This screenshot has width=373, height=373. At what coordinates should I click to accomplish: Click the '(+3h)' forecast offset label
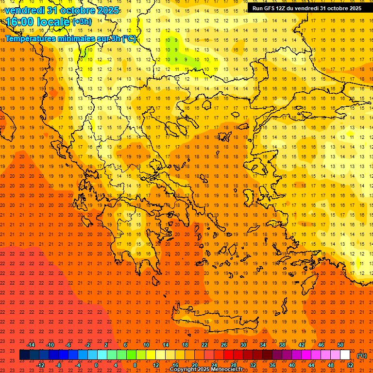[82, 21]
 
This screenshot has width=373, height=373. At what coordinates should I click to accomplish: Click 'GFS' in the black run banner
[270, 8]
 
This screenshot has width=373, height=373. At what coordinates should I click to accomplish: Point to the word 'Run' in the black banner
[257, 8]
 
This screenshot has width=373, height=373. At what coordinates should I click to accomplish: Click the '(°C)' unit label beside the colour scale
[361, 356]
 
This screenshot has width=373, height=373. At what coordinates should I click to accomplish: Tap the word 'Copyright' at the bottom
[183, 370]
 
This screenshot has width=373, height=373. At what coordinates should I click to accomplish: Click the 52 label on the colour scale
[350, 365]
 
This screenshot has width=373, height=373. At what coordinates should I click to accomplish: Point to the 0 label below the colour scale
[96, 365]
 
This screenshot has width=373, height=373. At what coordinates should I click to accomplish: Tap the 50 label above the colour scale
[340, 345]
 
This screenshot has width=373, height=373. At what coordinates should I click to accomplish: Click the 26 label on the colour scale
[224, 345]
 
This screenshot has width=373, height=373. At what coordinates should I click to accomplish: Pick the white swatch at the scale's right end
[345, 355]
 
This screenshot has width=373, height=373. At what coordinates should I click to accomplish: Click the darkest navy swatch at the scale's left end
[25, 355]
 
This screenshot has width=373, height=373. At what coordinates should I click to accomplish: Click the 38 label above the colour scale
[282, 345]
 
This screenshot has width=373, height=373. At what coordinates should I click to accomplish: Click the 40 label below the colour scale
[292, 365]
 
